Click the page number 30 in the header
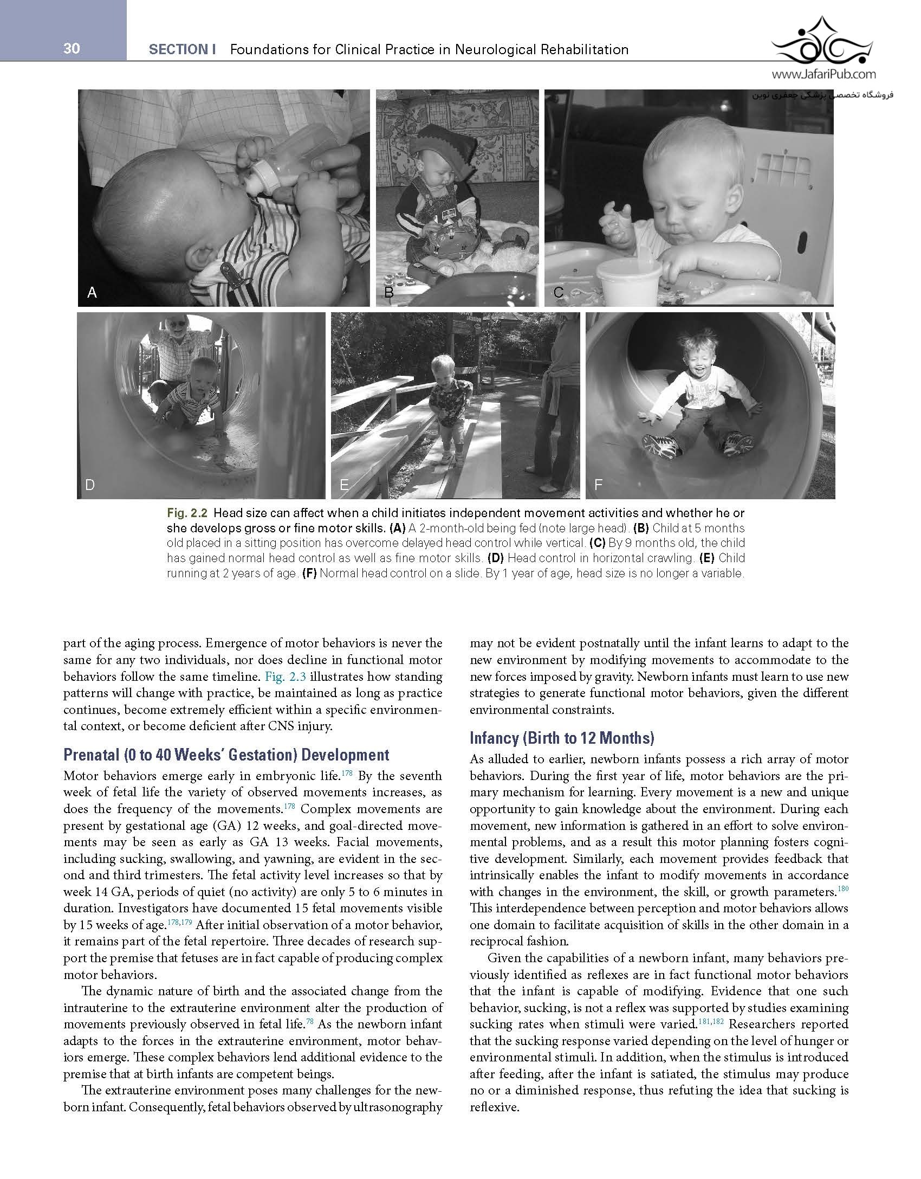point(72,49)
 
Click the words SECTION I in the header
point(182,50)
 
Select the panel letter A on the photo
point(92,293)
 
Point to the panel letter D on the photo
point(90,485)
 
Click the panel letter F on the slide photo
point(598,485)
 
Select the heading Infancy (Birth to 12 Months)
point(562,738)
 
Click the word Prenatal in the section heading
point(88,755)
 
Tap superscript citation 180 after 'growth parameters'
point(842,888)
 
